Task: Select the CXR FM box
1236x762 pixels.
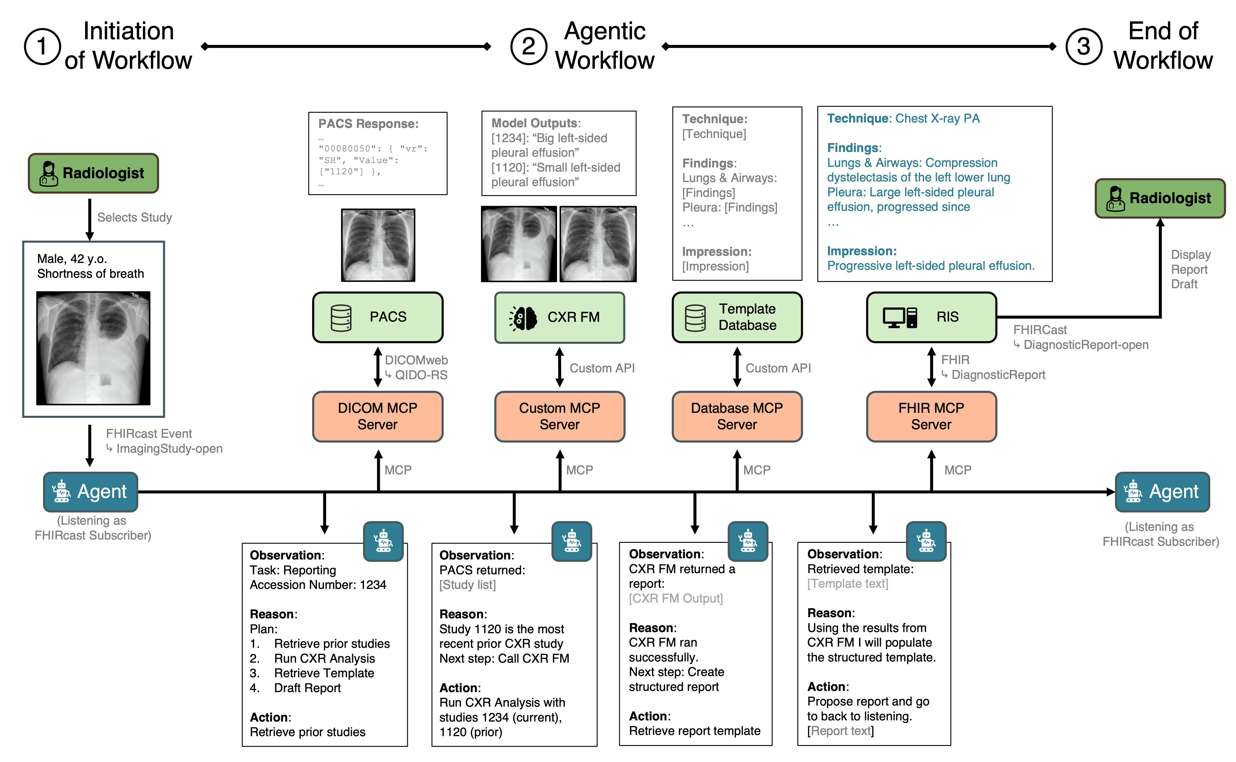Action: click(559, 317)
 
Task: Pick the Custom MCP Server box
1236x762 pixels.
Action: click(559, 416)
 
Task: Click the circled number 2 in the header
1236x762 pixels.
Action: click(528, 46)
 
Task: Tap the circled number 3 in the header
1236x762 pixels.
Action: click(1083, 46)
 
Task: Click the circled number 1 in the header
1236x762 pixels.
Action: click(42, 46)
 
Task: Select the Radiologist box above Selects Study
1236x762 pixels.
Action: click(93, 173)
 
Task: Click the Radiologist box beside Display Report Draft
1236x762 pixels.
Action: click(1160, 198)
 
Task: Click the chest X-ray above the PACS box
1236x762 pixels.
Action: click(378, 245)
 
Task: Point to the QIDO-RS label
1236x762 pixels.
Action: click(421, 375)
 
